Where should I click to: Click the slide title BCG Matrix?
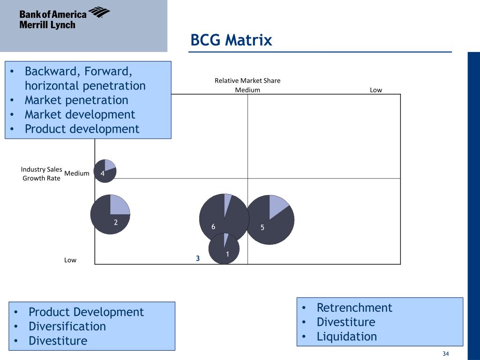pyautogui.click(x=231, y=40)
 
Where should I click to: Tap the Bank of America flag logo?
pyautogui.click(x=99, y=12)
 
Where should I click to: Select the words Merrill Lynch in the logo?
pyautogui.click(x=47, y=25)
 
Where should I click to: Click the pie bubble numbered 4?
pyautogui.click(x=105, y=171)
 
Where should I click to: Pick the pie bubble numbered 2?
pyautogui.click(x=110, y=214)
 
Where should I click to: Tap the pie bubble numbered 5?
pyautogui.click(x=270, y=219)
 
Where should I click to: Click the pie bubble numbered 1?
pyautogui.click(x=224, y=249)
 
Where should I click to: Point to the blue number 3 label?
pyautogui.click(x=198, y=258)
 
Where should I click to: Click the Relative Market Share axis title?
pyautogui.click(x=247, y=81)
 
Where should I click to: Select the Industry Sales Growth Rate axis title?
pyautogui.click(x=42, y=173)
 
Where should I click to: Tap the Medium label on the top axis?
pyautogui.click(x=247, y=90)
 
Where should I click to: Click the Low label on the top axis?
pyautogui.click(x=376, y=90)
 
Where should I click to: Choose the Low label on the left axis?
pyautogui.click(x=70, y=260)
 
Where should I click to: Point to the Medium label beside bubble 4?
pyautogui.click(x=77, y=173)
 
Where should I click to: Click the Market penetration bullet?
pyautogui.click(x=76, y=100)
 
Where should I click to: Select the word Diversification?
pyautogui.click(x=67, y=326)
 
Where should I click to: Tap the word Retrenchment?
pyautogui.click(x=354, y=308)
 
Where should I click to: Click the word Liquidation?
pyautogui.click(x=346, y=337)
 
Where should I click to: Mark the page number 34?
pyautogui.click(x=446, y=353)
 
